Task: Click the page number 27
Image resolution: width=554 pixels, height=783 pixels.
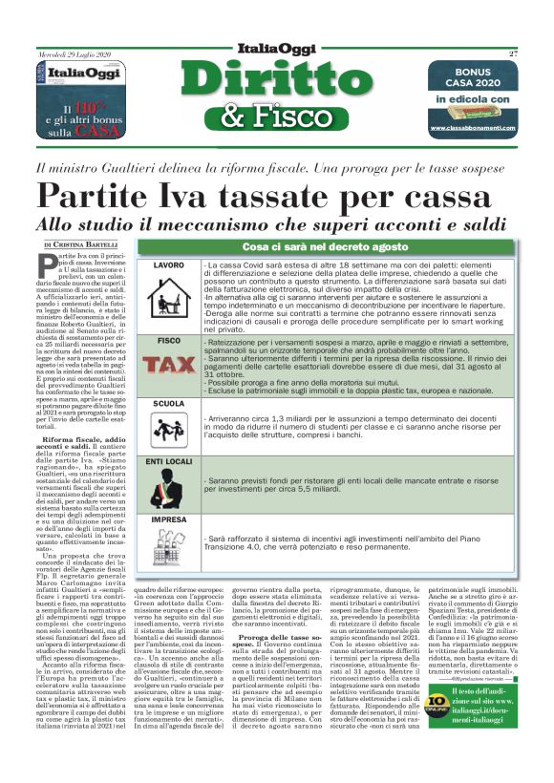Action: (513, 53)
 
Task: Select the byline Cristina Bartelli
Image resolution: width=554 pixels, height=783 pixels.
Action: (92, 245)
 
